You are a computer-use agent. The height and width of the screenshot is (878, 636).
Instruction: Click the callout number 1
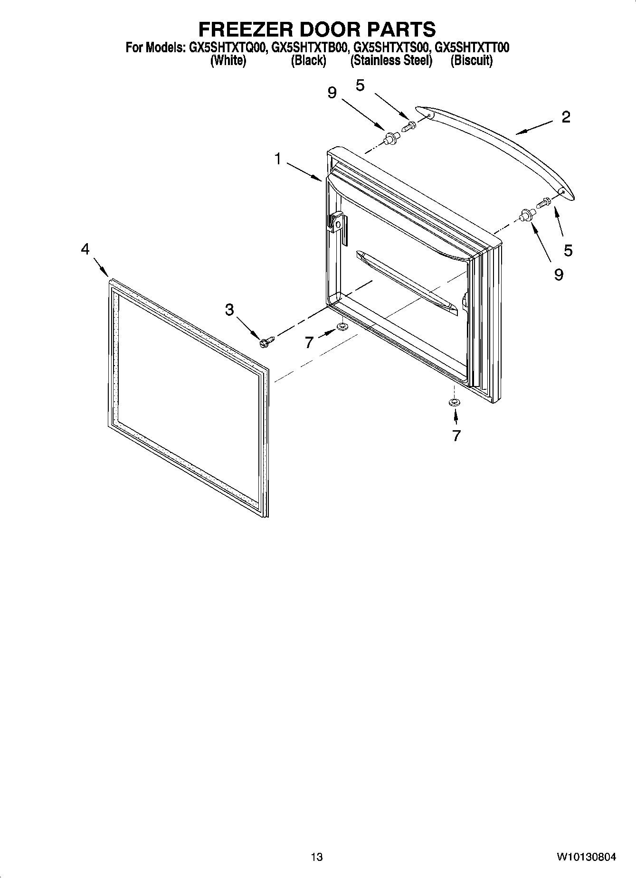[x=278, y=159]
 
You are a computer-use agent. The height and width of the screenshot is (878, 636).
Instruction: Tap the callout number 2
[x=566, y=117]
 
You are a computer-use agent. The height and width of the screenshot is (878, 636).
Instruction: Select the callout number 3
[x=229, y=310]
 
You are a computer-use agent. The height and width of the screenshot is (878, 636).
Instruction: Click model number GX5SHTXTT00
[x=472, y=48]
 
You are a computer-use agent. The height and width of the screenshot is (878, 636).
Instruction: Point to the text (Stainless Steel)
[x=391, y=61]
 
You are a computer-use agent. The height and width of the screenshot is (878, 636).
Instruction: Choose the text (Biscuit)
[x=472, y=61]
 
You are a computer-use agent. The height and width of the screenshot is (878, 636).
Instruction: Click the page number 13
[x=317, y=857]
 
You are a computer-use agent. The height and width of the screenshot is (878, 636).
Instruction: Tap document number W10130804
[x=587, y=857]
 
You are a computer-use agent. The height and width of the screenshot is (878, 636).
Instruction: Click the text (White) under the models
[x=228, y=61]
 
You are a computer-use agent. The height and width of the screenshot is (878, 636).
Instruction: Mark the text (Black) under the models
[x=308, y=61]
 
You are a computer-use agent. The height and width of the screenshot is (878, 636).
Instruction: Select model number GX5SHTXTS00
[x=391, y=48]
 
